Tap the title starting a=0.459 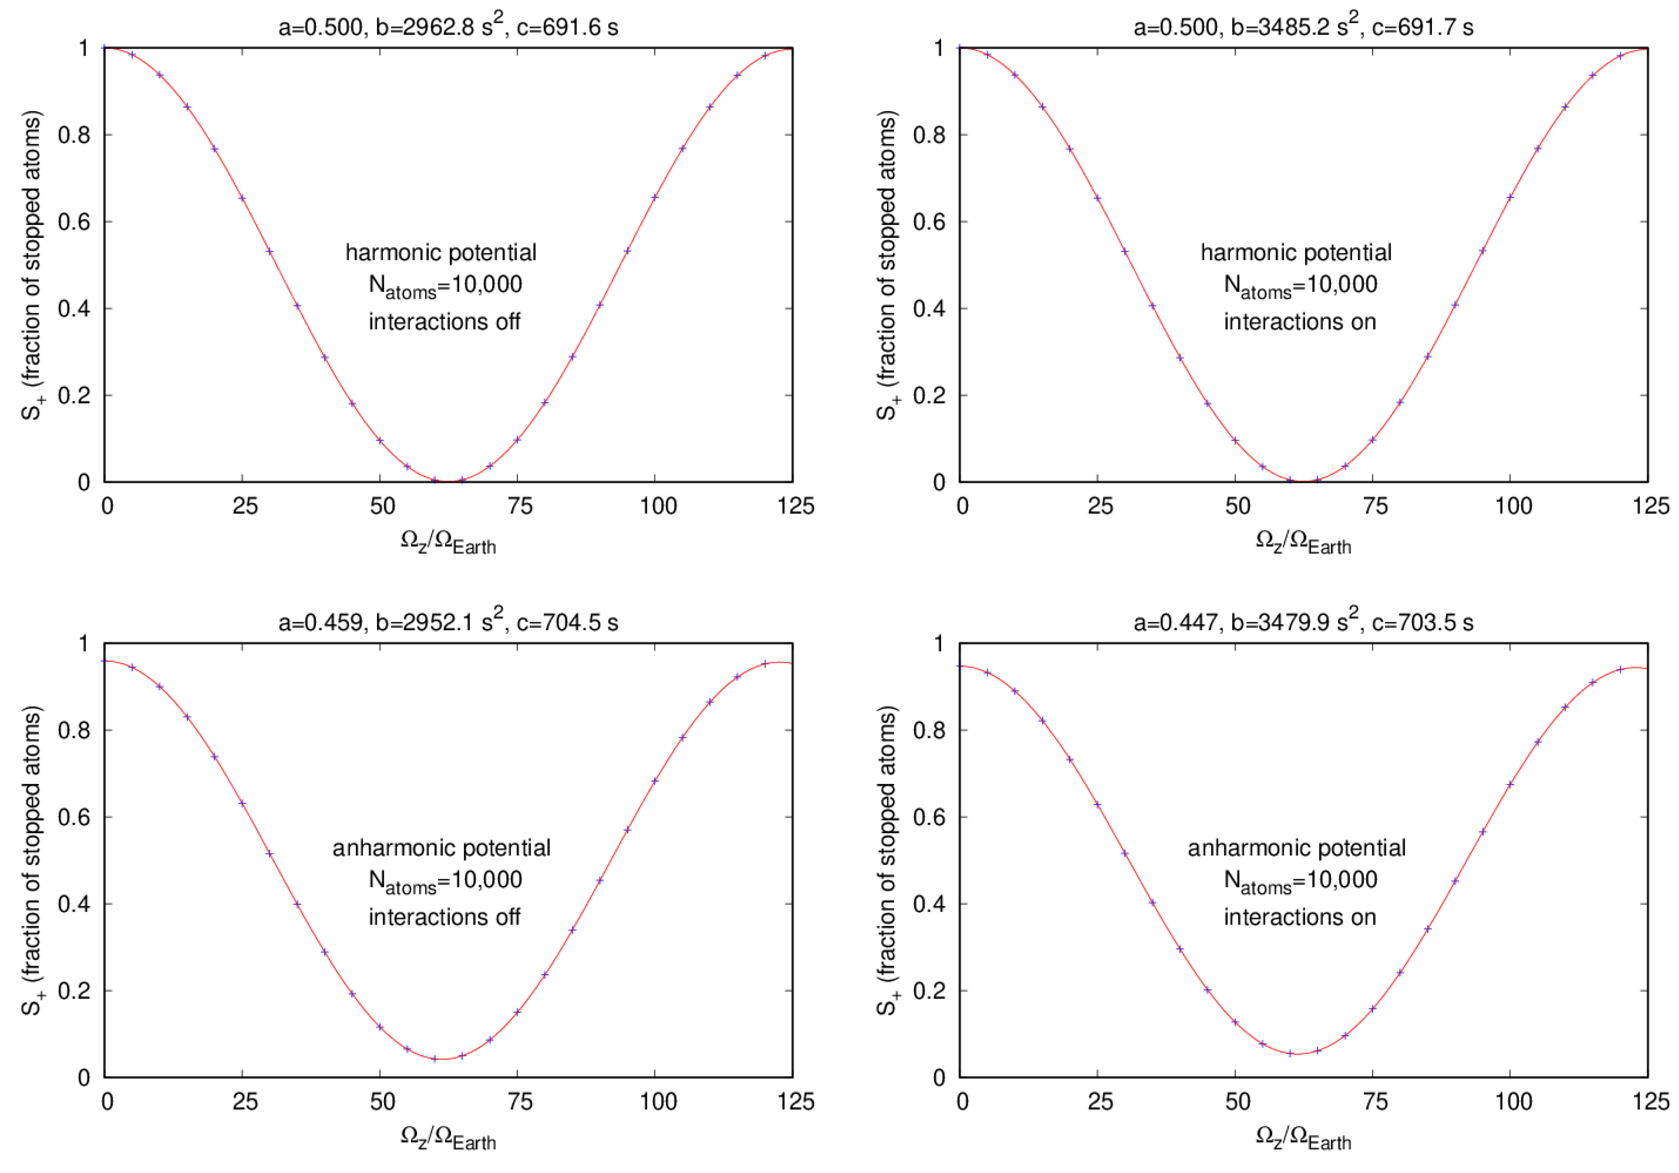pos(448,622)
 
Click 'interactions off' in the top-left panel pos(444,322)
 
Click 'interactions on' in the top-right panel pos(1300,322)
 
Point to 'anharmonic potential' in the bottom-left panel pos(441,848)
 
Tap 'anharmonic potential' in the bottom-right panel pos(1296,848)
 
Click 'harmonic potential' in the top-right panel pos(1296,252)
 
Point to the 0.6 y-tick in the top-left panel pos(73,222)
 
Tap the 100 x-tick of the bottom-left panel pos(658,1101)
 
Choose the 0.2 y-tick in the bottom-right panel pos(928,991)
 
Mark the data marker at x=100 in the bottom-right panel pos(1509,784)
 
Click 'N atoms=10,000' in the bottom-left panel pos(445,881)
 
